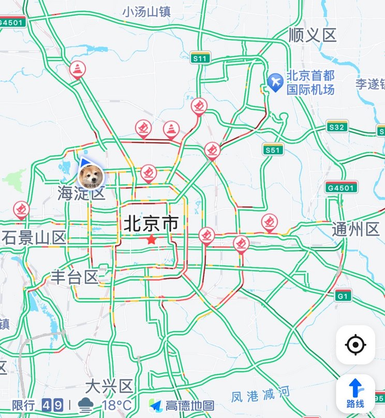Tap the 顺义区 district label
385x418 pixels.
313,35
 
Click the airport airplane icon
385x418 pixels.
275,81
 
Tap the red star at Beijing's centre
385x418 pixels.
151,239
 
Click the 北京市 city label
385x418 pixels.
151,224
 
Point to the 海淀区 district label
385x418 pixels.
81,194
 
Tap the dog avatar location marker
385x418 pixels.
91,177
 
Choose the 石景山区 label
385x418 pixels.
35,238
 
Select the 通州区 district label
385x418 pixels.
356,229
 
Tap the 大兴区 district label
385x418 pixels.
109,386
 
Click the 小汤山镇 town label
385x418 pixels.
146,12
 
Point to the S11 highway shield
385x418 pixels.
200,58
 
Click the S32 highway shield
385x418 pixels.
337,127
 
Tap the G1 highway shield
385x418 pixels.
343,296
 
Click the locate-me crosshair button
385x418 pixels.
356,344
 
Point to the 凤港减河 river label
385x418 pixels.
260,395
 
